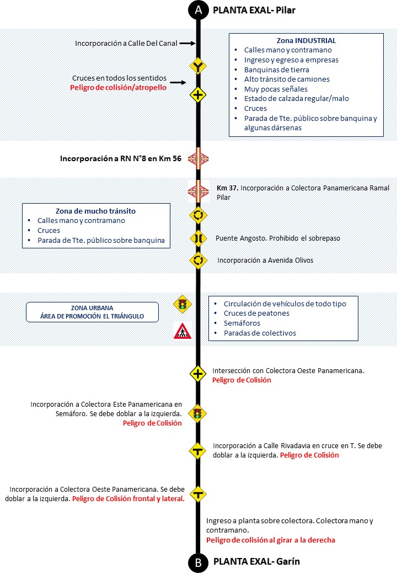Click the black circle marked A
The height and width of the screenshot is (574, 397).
198,10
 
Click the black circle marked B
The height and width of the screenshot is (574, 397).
198,562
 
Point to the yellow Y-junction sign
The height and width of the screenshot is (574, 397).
198,67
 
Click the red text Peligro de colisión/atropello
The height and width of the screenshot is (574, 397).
119,88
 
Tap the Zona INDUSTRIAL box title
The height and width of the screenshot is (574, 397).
306,40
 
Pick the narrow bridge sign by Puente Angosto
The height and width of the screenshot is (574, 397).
198,238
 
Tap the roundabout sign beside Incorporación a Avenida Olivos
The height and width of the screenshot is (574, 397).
198,260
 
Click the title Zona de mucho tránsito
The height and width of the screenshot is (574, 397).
96,210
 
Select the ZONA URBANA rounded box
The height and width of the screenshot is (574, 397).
92,312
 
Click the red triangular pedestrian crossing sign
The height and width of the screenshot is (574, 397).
181,330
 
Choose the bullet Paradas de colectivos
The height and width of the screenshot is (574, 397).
260,333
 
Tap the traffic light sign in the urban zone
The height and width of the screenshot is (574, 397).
181,304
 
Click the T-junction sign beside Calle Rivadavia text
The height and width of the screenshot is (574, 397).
198,450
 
